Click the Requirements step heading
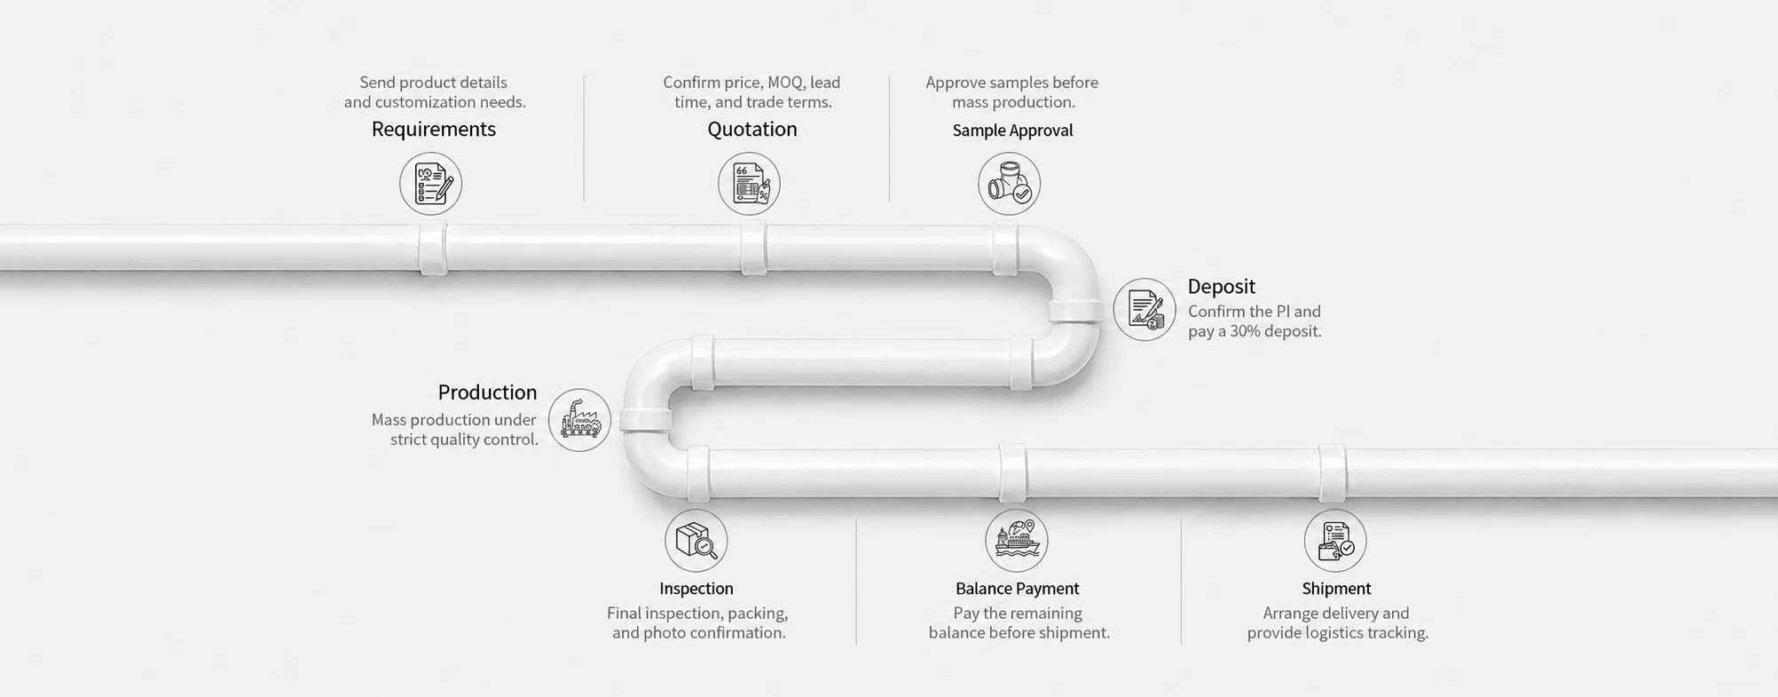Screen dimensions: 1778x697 pos(433,130)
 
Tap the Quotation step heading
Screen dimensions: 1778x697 pos(752,130)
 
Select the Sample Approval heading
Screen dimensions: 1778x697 pos(1012,131)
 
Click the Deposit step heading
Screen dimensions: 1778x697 pos(1222,287)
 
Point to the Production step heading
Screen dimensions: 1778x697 pos(487,392)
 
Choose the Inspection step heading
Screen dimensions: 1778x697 pos(696,589)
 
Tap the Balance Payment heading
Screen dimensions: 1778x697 pos(1018,589)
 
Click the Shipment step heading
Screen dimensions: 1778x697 pos(1336,589)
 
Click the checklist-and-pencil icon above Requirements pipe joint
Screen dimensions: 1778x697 pos(430,184)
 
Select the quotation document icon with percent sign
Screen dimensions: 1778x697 pos(749,184)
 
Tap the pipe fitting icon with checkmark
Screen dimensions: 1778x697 pos(1009,184)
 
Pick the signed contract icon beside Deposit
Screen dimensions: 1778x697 pos(1145,309)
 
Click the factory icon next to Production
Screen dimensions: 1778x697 pos(579,420)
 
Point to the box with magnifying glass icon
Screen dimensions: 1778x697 pos(696,541)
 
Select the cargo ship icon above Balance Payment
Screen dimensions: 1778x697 pos(1017,541)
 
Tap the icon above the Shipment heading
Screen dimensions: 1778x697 pos(1335,541)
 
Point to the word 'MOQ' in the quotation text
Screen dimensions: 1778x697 pos(785,83)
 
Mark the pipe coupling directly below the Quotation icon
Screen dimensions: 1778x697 pos(754,248)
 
